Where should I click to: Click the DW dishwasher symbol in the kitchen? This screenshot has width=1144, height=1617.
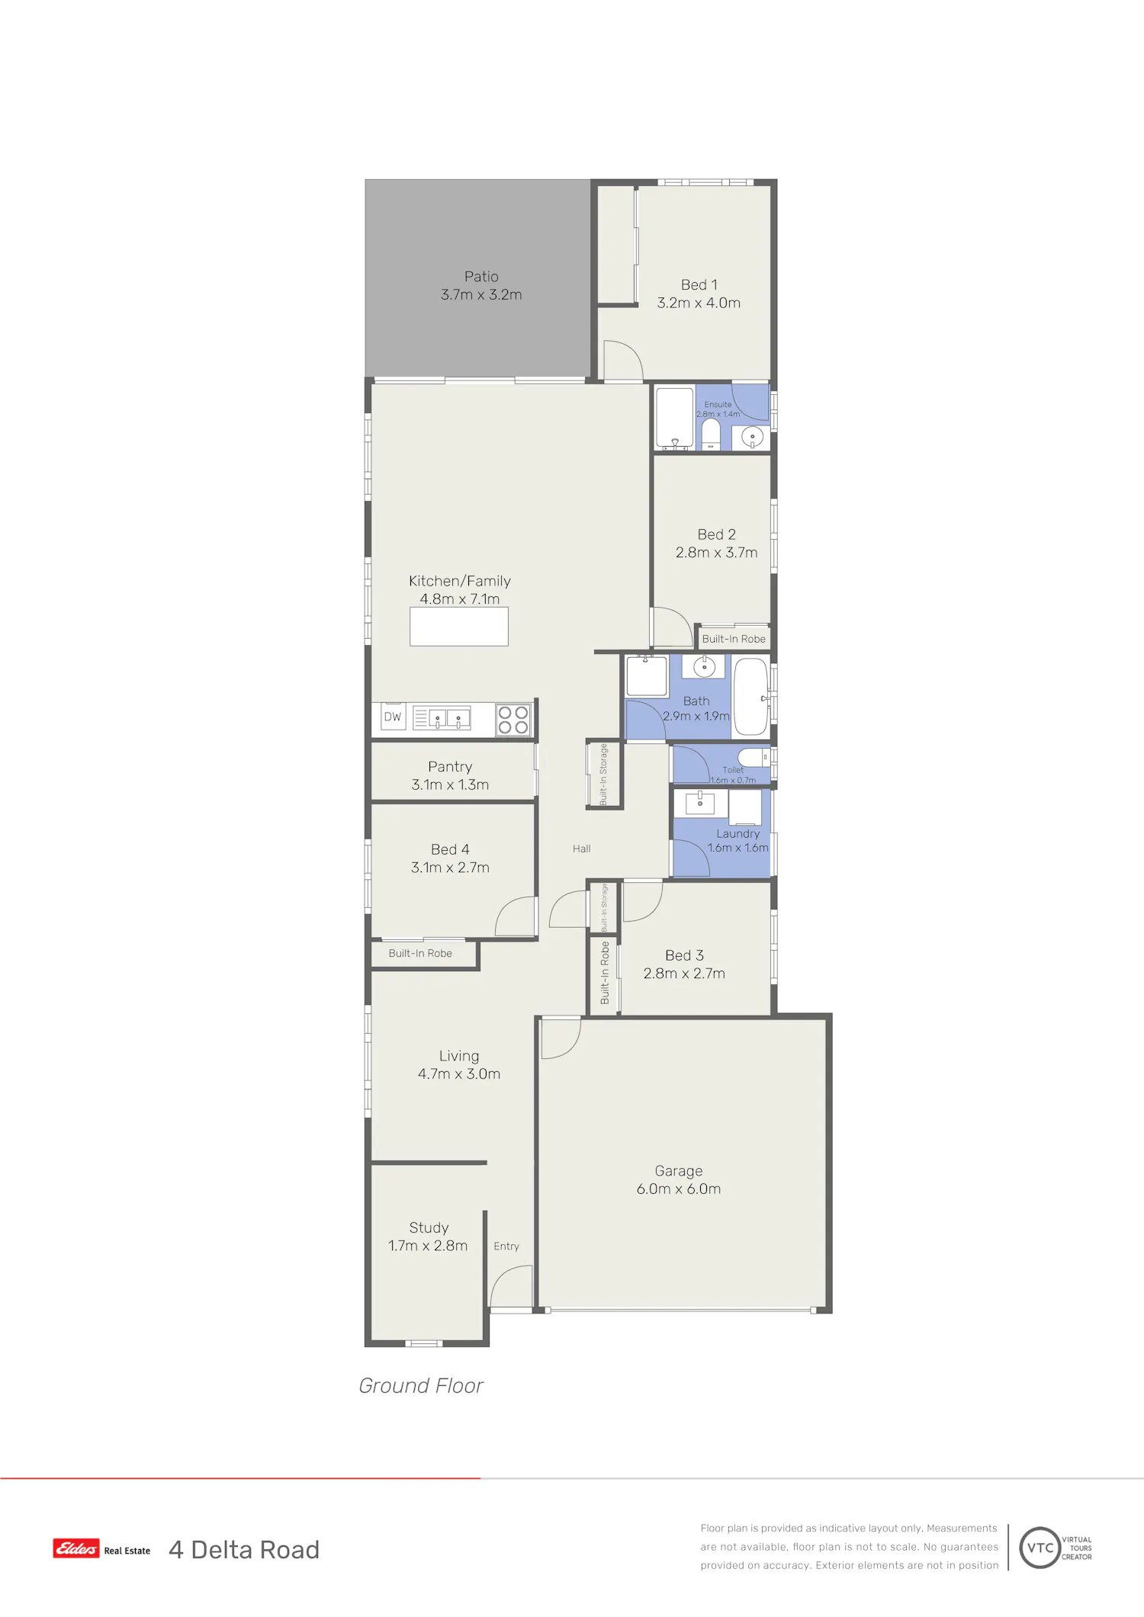(393, 717)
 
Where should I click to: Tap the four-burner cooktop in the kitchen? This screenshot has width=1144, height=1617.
(513, 720)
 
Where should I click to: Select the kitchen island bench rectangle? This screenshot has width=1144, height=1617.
(459, 627)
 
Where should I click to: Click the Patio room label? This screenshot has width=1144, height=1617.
(481, 277)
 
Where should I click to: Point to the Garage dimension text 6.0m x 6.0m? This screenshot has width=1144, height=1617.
(679, 1189)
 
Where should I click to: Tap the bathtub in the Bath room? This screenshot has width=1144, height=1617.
(750, 697)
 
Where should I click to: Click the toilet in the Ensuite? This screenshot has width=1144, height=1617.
(711, 434)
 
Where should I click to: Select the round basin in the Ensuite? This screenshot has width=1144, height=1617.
(752, 438)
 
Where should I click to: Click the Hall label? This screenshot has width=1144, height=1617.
(582, 849)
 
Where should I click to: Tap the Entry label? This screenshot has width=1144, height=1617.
(506, 1246)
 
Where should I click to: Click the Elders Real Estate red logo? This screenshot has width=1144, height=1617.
(76, 1548)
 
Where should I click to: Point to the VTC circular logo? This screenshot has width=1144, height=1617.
(1040, 1548)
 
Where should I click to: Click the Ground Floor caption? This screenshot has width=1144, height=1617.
(421, 1385)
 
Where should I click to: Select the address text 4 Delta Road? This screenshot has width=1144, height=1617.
(244, 1549)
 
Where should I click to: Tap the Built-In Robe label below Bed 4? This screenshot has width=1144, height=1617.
(420, 953)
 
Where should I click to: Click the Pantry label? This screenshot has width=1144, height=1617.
(450, 766)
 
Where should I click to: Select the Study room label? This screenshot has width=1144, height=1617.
(429, 1227)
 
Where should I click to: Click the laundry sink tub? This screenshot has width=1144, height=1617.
(700, 803)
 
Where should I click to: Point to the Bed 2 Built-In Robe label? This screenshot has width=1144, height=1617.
(734, 639)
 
